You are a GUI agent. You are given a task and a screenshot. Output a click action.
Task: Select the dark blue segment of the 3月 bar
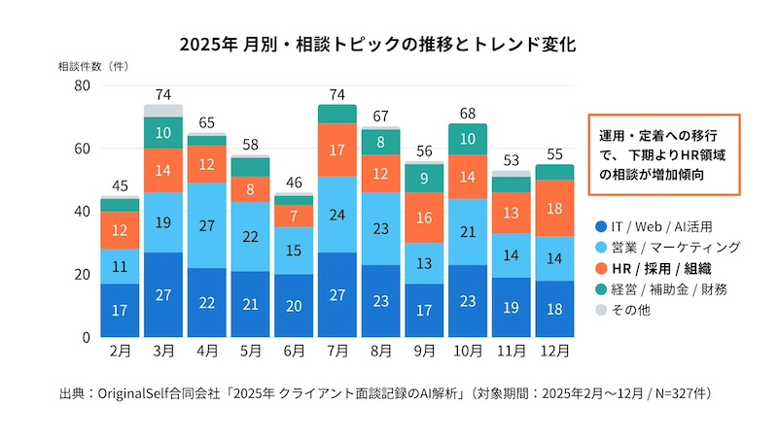pos(163,294)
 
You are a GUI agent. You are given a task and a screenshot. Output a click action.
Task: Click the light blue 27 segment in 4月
pos(207,225)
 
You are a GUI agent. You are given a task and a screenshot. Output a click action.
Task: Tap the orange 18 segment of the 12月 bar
pos(553,208)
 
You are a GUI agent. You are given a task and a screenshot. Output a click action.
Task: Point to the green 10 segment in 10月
pos(467,139)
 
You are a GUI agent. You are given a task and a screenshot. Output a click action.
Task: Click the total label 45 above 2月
pos(120,186)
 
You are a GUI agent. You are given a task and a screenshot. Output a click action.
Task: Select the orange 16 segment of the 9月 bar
pos(423,218)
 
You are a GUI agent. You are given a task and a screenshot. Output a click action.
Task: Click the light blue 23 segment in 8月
pos(379,228)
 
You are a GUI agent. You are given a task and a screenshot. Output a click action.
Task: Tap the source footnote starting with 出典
pos(388,393)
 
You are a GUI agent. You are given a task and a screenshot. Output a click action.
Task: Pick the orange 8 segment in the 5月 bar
pos(250,189)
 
